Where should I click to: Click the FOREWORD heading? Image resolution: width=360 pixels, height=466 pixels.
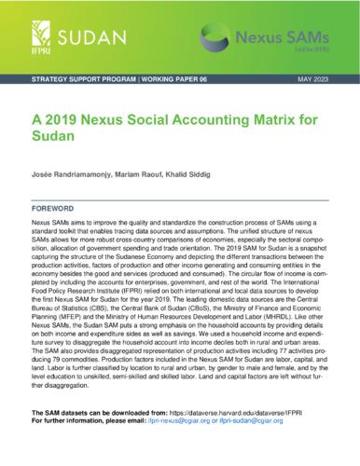click(54, 207)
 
